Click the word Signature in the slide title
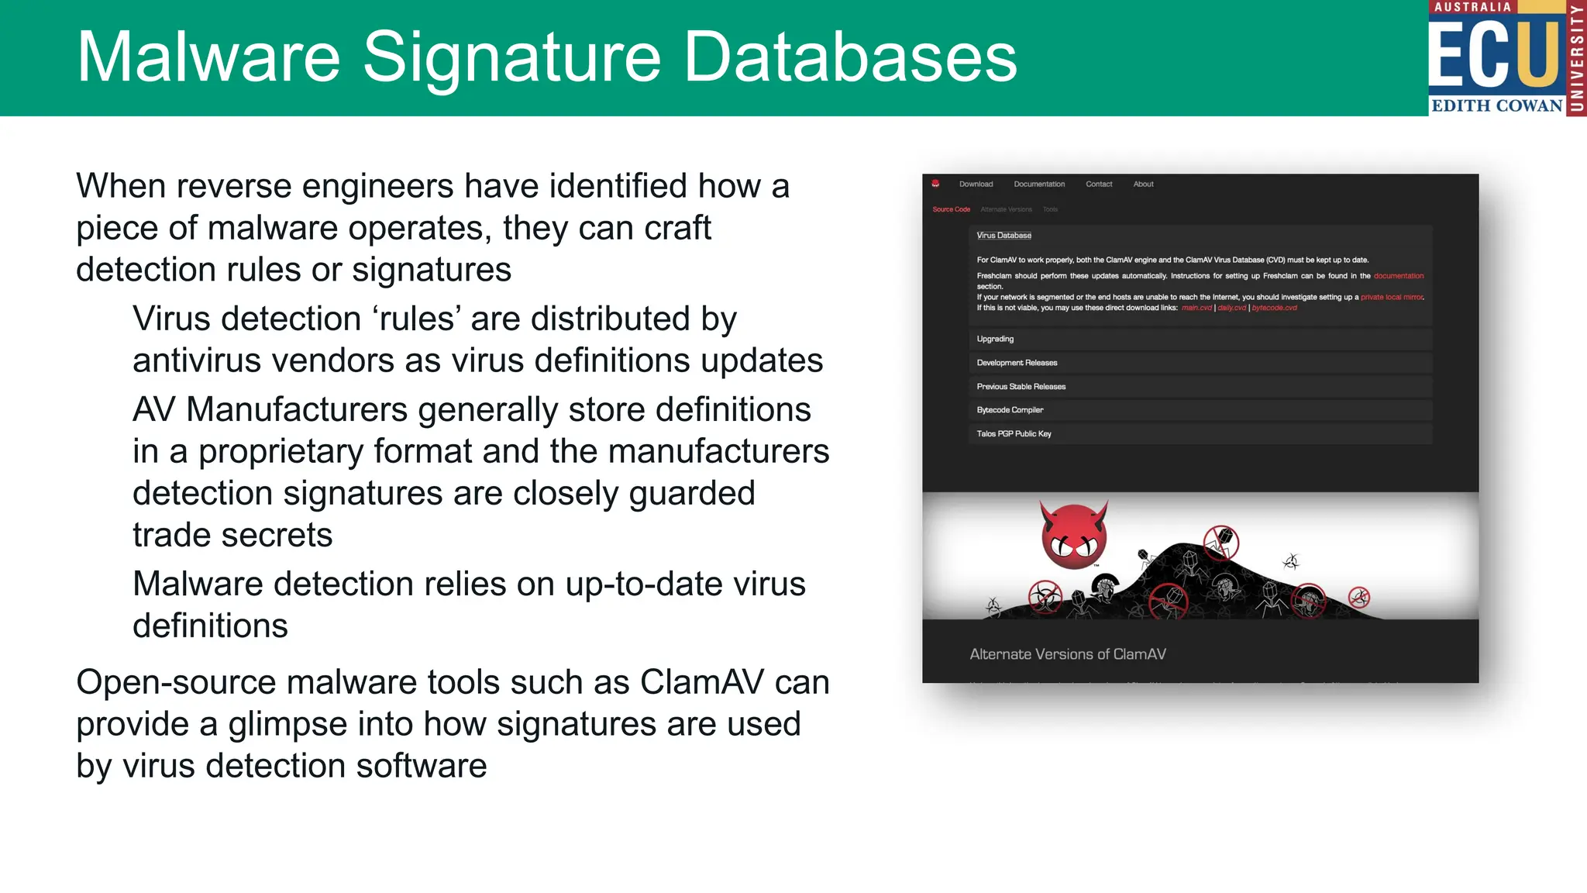point(511,57)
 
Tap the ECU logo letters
point(1493,54)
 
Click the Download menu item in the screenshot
point(976,184)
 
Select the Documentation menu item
point(1039,184)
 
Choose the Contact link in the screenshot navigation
point(1099,184)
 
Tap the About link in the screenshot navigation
point(1143,184)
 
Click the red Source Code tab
point(951,209)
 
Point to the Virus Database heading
point(1003,236)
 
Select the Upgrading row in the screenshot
point(995,339)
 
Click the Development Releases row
point(1017,363)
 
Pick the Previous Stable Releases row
point(1021,387)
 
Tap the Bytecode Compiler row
point(1010,410)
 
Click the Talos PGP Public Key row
point(1014,434)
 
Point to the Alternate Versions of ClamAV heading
point(1067,654)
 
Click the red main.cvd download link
point(1196,308)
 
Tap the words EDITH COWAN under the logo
point(1496,105)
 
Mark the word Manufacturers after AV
point(297,410)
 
